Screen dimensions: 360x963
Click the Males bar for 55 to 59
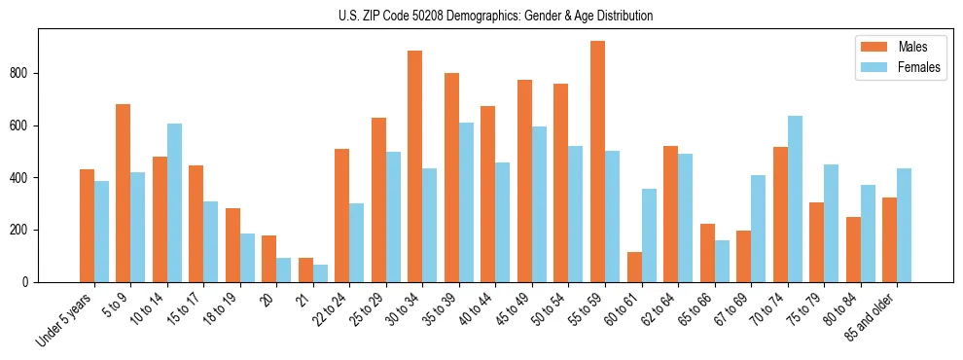coord(597,162)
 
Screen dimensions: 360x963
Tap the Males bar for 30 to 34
coord(415,166)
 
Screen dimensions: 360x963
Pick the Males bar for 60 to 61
coord(634,267)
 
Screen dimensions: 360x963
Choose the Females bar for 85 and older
coord(904,226)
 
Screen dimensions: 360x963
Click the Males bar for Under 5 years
coord(87,226)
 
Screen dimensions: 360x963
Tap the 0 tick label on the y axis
coord(31,282)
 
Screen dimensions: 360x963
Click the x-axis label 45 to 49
coord(516,308)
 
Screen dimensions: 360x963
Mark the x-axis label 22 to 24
coord(333,308)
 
